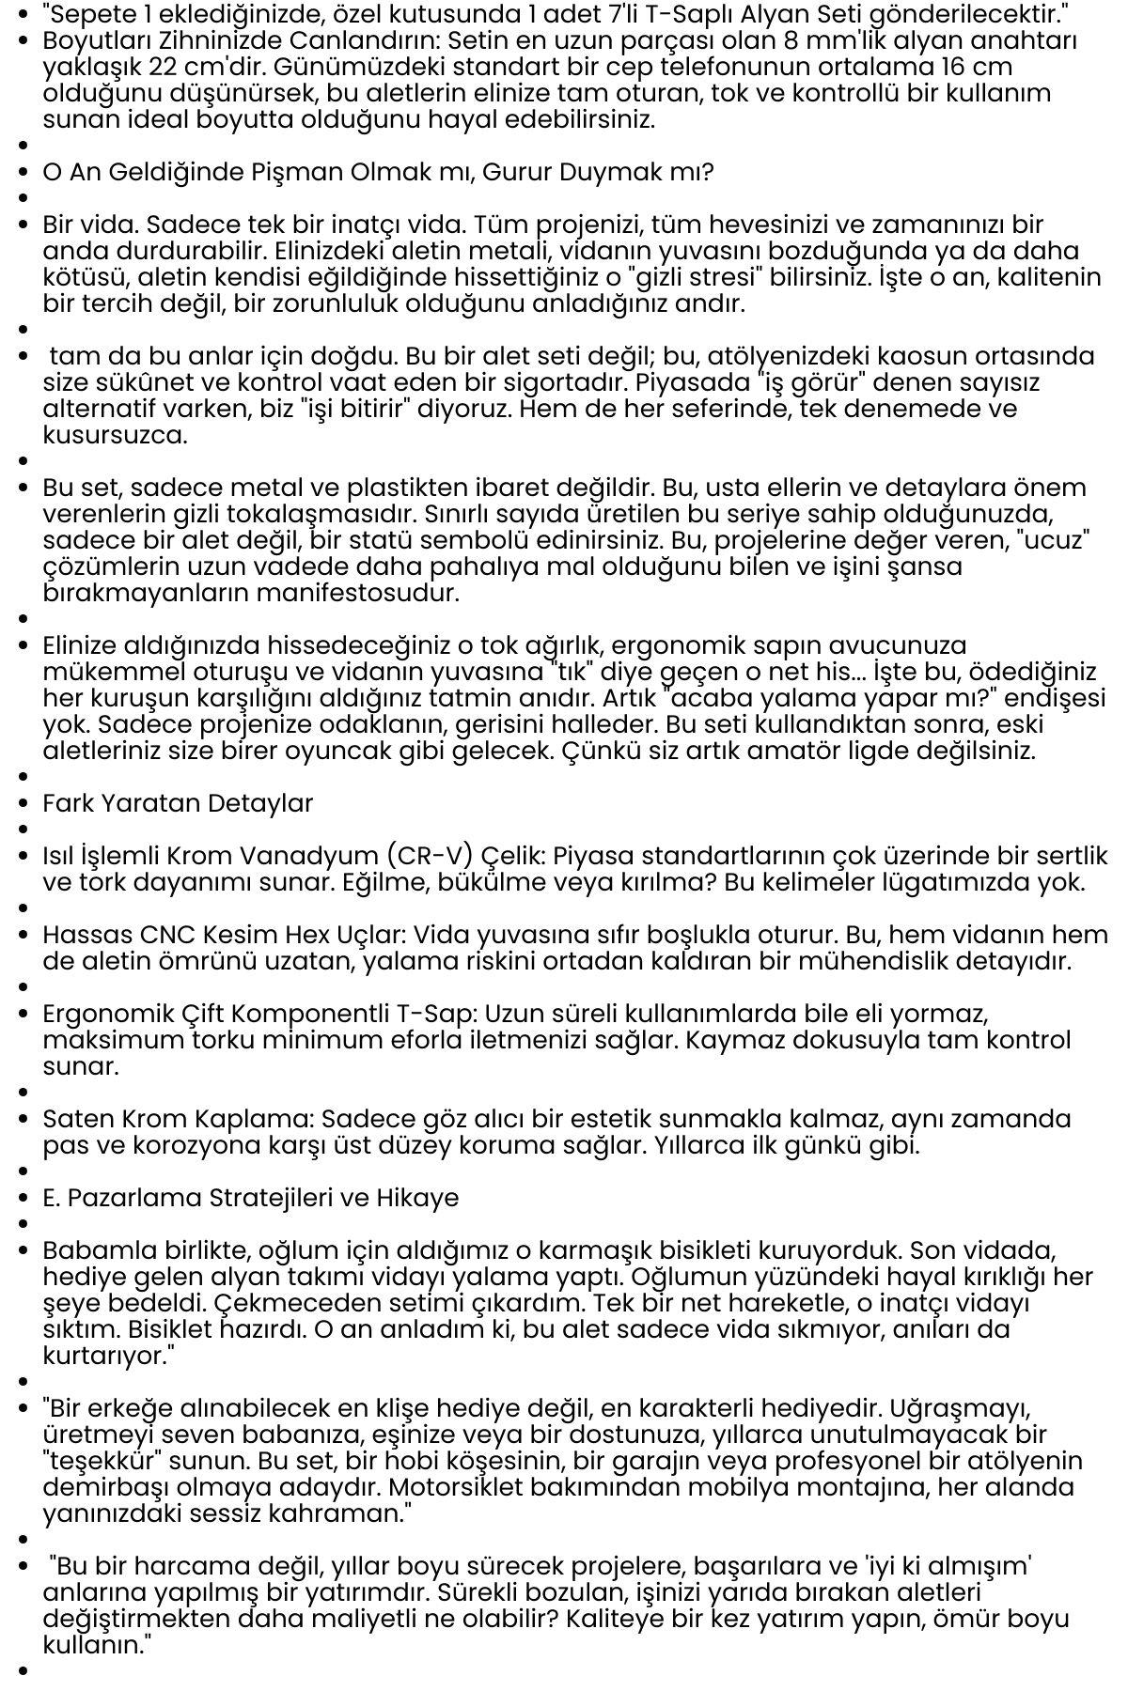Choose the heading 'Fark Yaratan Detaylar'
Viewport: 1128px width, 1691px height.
pos(178,804)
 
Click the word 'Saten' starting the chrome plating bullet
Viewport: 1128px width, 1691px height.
pos(77,1120)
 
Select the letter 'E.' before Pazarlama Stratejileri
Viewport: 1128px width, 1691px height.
pos(53,1199)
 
